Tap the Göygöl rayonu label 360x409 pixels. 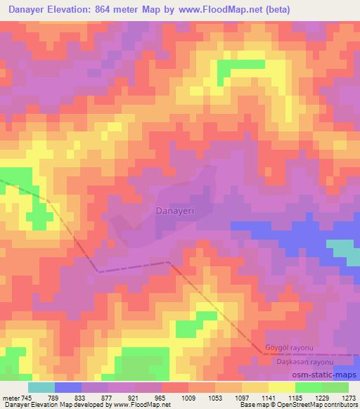[289, 348]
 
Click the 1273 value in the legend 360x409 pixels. [344, 397]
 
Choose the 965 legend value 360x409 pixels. [160, 397]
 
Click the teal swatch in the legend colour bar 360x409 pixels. [41, 387]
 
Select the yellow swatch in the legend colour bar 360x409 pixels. [281, 387]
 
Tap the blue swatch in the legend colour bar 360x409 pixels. [68, 387]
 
